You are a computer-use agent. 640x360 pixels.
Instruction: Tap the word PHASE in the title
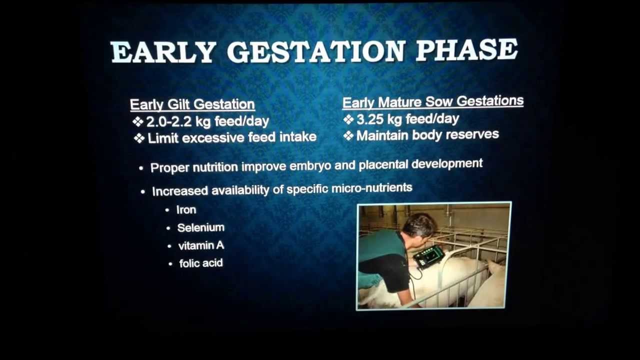point(466,50)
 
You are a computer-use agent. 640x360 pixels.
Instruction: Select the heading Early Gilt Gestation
point(192,104)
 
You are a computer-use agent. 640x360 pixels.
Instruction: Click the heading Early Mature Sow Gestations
point(432,102)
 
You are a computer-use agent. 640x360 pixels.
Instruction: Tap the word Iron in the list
point(186,210)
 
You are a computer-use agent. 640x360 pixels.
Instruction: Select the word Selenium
point(200,227)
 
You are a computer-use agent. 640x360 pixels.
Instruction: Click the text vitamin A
point(201,245)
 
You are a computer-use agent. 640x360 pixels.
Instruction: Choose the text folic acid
point(201,263)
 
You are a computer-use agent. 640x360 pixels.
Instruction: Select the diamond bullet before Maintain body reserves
point(348,135)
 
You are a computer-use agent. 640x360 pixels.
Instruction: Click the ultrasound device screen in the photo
point(429,256)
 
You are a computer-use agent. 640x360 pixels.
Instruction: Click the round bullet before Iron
point(167,210)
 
